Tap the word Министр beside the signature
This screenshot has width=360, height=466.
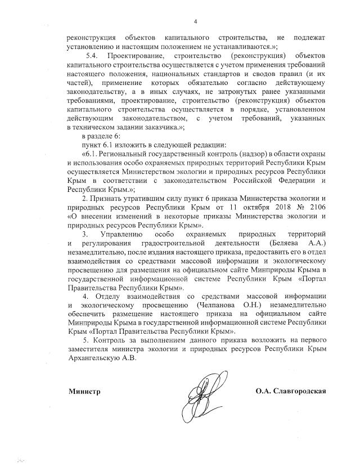pyautogui.click(x=84, y=391)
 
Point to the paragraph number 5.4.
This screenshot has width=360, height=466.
pyautogui.click(x=92, y=57)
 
